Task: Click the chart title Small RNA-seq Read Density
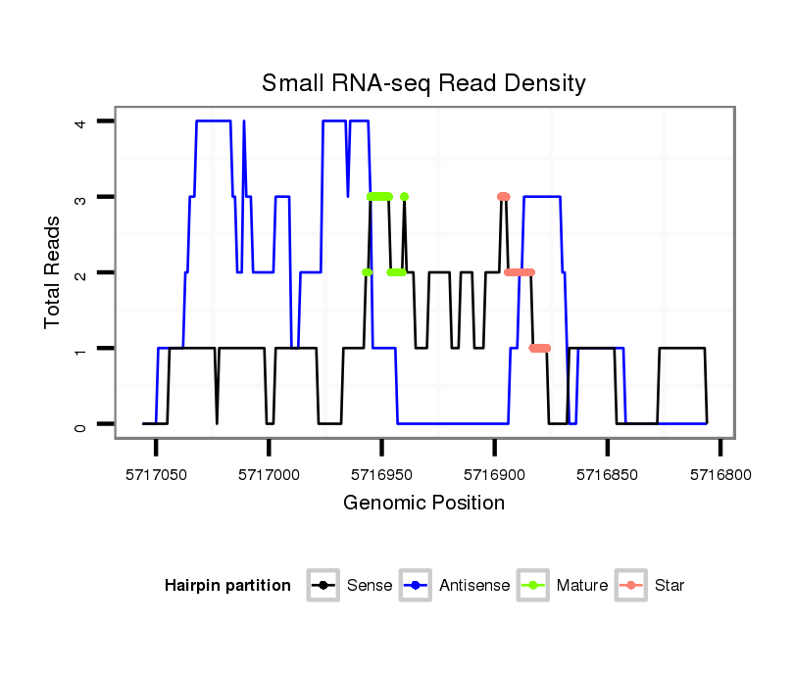coord(423,83)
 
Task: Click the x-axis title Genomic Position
coord(423,504)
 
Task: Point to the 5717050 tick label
coord(156,473)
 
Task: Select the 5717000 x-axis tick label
coord(269,473)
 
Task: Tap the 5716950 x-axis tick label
coord(381,473)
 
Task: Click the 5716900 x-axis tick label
coord(494,473)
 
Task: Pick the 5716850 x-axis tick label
coord(608,473)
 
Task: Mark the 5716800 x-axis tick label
coord(720,473)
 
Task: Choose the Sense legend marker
coord(323,586)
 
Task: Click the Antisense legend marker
coord(416,586)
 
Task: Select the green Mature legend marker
coord(533,586)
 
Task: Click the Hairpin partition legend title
coord(227,586)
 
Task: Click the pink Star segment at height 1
coord(540,348)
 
